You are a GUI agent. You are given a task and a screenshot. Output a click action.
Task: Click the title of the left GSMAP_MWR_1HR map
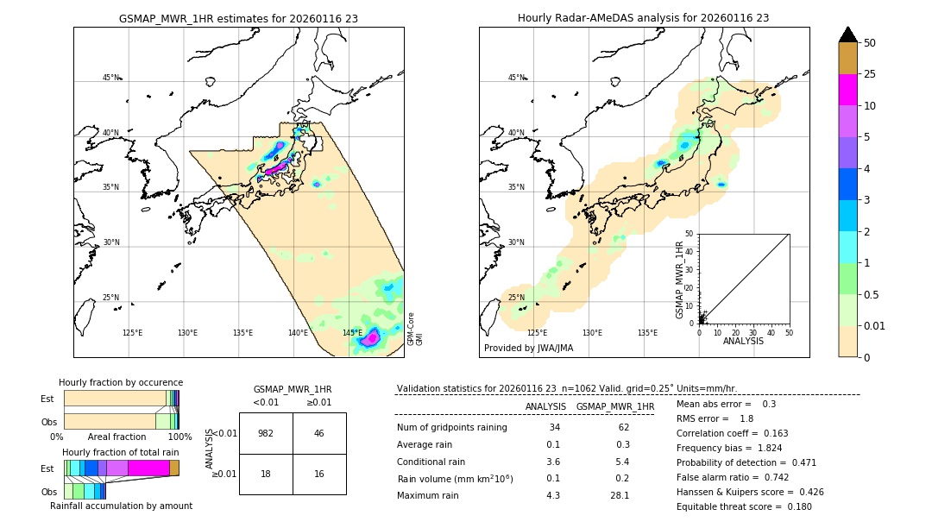[238, 18]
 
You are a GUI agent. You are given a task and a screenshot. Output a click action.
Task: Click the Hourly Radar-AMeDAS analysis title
[643, 18]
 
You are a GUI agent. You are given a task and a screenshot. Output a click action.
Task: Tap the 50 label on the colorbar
[870, 43]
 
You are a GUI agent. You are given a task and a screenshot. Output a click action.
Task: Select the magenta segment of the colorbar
[847, 90]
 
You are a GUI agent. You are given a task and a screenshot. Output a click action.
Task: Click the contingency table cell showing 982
[266, 433]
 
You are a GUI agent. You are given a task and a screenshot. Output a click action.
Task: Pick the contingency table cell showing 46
[318, 433]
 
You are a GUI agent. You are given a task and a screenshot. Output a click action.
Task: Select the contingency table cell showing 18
[266, 474]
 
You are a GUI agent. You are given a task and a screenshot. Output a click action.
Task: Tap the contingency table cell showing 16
[318, 474]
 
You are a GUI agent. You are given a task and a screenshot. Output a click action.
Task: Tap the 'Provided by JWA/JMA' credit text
[528, 349]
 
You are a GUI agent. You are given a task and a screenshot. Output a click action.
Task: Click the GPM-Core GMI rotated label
[414, 329]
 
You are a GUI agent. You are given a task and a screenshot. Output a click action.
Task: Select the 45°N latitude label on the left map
[110, 78]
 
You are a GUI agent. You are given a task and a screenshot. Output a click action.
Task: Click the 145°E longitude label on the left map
[352, 333]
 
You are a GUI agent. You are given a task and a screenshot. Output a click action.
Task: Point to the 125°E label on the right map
[537, 333]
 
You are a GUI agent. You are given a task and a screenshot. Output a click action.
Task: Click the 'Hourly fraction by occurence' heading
[121, 382]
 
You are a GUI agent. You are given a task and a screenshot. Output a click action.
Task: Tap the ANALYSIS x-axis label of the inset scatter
[743, 341]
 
